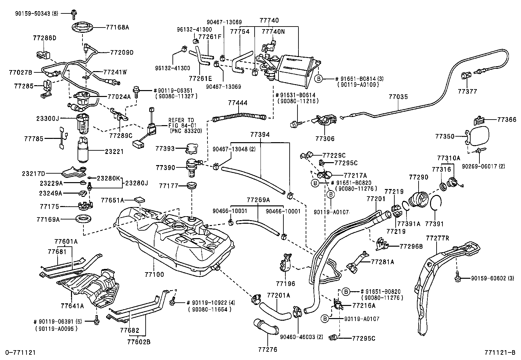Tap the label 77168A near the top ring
[x=117, y=28]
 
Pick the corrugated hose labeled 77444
[x=239, y=116]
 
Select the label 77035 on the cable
[x=398, y=97]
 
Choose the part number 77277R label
[x=438, y=238]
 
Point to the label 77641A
[x=72, y=306]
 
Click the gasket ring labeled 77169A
[x=83, y=218]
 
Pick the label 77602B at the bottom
[x=139, y=342]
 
